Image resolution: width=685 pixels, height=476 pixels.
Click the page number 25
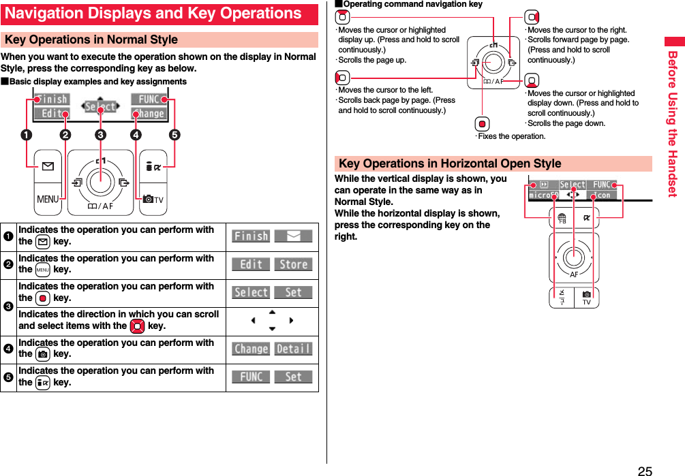click(644, 470)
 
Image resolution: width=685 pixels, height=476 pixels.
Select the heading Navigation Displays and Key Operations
click(153, 14)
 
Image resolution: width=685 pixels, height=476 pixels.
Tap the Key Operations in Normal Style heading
click(91, 39)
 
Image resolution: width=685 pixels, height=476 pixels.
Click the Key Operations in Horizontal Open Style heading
click(450, 163)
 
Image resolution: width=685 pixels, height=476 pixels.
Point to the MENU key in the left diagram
click(48, 200)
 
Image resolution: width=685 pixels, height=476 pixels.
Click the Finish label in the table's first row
click(251, 236)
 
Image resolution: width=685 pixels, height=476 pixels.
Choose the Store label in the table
click(294, 264)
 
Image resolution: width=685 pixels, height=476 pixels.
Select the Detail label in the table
click(294, 349)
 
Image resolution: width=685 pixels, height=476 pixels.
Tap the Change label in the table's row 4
click(251, 349)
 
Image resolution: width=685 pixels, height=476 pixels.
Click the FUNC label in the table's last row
click(251, 377)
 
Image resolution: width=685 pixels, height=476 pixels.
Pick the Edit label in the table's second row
click(251, 264)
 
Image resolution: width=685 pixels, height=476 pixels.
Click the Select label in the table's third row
click(251, 292)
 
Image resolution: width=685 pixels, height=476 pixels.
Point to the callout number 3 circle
click(100, 134)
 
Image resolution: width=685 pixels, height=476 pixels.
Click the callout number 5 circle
click(175, 134)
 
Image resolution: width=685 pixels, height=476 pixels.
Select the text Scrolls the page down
click(566, 123)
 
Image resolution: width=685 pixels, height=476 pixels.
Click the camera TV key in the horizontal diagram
click(586, 298)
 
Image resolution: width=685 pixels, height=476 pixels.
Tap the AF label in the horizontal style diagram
click(574, 274)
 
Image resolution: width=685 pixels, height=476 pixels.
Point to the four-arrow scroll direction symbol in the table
click(272, 320)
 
